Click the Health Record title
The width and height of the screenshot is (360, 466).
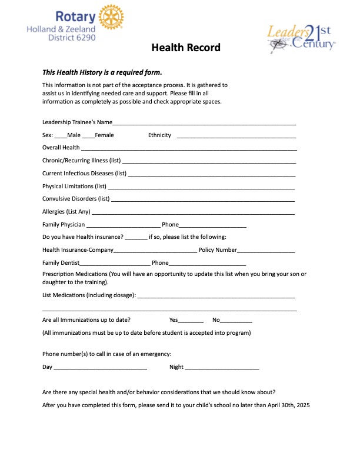click(x=186, y=48)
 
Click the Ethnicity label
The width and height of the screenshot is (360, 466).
click(x=159, y=135)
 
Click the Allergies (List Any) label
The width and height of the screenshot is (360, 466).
click(x=66, y=212)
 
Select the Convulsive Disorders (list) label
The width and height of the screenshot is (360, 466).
click(x=76, y=198)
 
